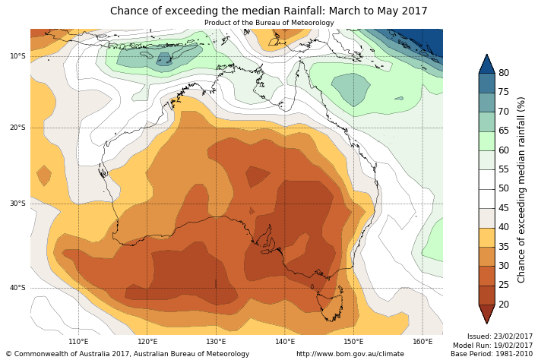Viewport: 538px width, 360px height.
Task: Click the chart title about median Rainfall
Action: (269, 11)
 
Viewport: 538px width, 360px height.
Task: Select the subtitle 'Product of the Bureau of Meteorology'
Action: (269, 23)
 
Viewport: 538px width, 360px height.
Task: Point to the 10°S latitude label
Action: (17, 56)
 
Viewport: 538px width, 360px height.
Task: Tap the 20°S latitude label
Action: (17, 128)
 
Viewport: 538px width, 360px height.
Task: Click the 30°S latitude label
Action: (17, 204)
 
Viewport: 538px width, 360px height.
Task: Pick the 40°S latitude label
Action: (17, 288)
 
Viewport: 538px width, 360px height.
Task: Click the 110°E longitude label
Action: (78, 342)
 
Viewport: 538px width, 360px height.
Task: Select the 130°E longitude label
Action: (216, 342)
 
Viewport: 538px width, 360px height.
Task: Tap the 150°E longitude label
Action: (353, 342)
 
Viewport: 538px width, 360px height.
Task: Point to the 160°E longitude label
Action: (422, 342)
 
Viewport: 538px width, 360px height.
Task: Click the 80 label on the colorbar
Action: (504, 73)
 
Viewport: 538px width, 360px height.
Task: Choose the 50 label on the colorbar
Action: (504, 189)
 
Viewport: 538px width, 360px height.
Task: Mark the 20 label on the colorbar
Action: (504, 305)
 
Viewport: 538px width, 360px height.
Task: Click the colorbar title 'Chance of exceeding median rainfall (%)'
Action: (522, 189)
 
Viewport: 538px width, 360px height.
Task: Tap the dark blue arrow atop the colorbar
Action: (486, 65)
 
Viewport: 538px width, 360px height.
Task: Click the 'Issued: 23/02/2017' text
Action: (499, 336)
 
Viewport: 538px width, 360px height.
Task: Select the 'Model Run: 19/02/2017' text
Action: (493, 346)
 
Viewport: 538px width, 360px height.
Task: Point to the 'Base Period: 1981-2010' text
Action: (492, 354)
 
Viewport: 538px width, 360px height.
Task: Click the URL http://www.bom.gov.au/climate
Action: (350, 354)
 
